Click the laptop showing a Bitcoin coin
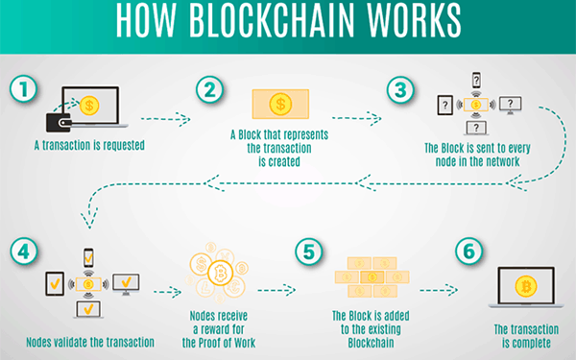[526, 287]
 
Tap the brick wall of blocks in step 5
[372, 278]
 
